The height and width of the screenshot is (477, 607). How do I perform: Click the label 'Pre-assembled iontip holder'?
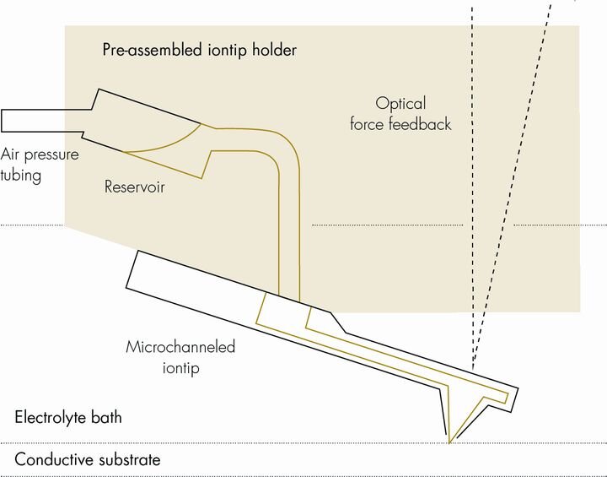(x=199, y=50)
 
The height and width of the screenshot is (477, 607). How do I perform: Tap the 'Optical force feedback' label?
(x=413, y=114)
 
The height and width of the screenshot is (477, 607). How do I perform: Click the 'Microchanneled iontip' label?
(x=180, y=356)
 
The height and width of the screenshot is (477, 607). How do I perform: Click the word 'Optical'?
(x=401, y=104)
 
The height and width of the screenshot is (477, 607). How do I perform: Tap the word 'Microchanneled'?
(x=180, y=347)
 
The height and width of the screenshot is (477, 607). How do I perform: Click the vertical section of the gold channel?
(x=288, y=228)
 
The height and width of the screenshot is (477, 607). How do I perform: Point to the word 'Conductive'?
(x=50, y=461)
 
